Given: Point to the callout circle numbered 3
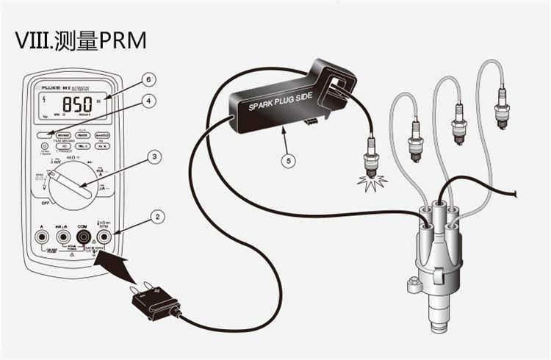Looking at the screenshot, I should tap(154, 156).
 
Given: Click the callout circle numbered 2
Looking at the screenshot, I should tap(156, 217).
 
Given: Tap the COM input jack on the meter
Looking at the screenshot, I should tap(82, 237).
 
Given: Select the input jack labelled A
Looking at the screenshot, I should tap(42, 237).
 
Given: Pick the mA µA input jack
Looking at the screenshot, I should tap(62, 237).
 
